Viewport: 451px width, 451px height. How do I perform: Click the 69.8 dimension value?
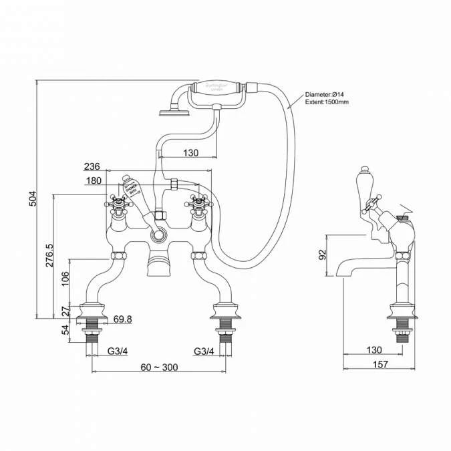point(122,319)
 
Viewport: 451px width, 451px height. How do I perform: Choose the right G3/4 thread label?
point(204,351)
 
